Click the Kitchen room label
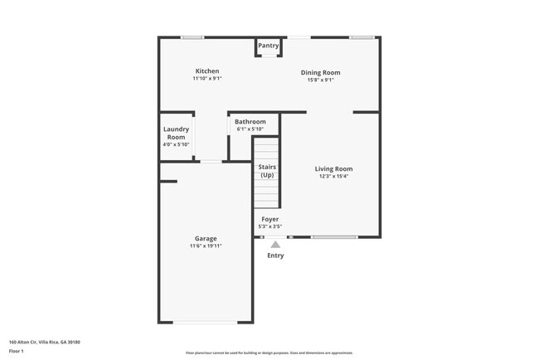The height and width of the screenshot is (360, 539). tap(207, 71)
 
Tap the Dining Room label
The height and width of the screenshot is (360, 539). tap(320, 73)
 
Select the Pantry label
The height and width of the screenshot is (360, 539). tap(268, 46)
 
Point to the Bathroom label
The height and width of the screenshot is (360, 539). tap(250, 122)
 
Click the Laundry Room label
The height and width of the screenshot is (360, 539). tap(176, 133)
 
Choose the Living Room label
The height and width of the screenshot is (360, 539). tap(333, 169)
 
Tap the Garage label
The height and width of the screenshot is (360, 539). tap(206, 239)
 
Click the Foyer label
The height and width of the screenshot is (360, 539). tap(270, 219)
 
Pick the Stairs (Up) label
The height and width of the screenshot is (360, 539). tap(267, 171)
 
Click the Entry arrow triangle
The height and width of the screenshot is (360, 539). tap(275, 245)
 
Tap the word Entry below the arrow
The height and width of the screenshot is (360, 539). tap(275, 255)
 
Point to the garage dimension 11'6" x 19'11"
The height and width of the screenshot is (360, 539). tap(206, 246)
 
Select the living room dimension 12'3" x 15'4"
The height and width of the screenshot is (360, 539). tap(333, 177)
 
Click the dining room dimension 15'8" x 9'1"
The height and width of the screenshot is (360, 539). tap(320, 80)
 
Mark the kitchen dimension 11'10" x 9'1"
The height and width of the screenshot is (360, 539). tap(207, 79)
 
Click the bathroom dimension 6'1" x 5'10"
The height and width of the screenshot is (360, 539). tap(250, 129)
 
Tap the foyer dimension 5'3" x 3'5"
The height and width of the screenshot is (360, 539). tap(270, 226)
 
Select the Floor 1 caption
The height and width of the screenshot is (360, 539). tap(17, 352)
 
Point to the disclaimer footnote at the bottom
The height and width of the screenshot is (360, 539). tap(269, 353)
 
